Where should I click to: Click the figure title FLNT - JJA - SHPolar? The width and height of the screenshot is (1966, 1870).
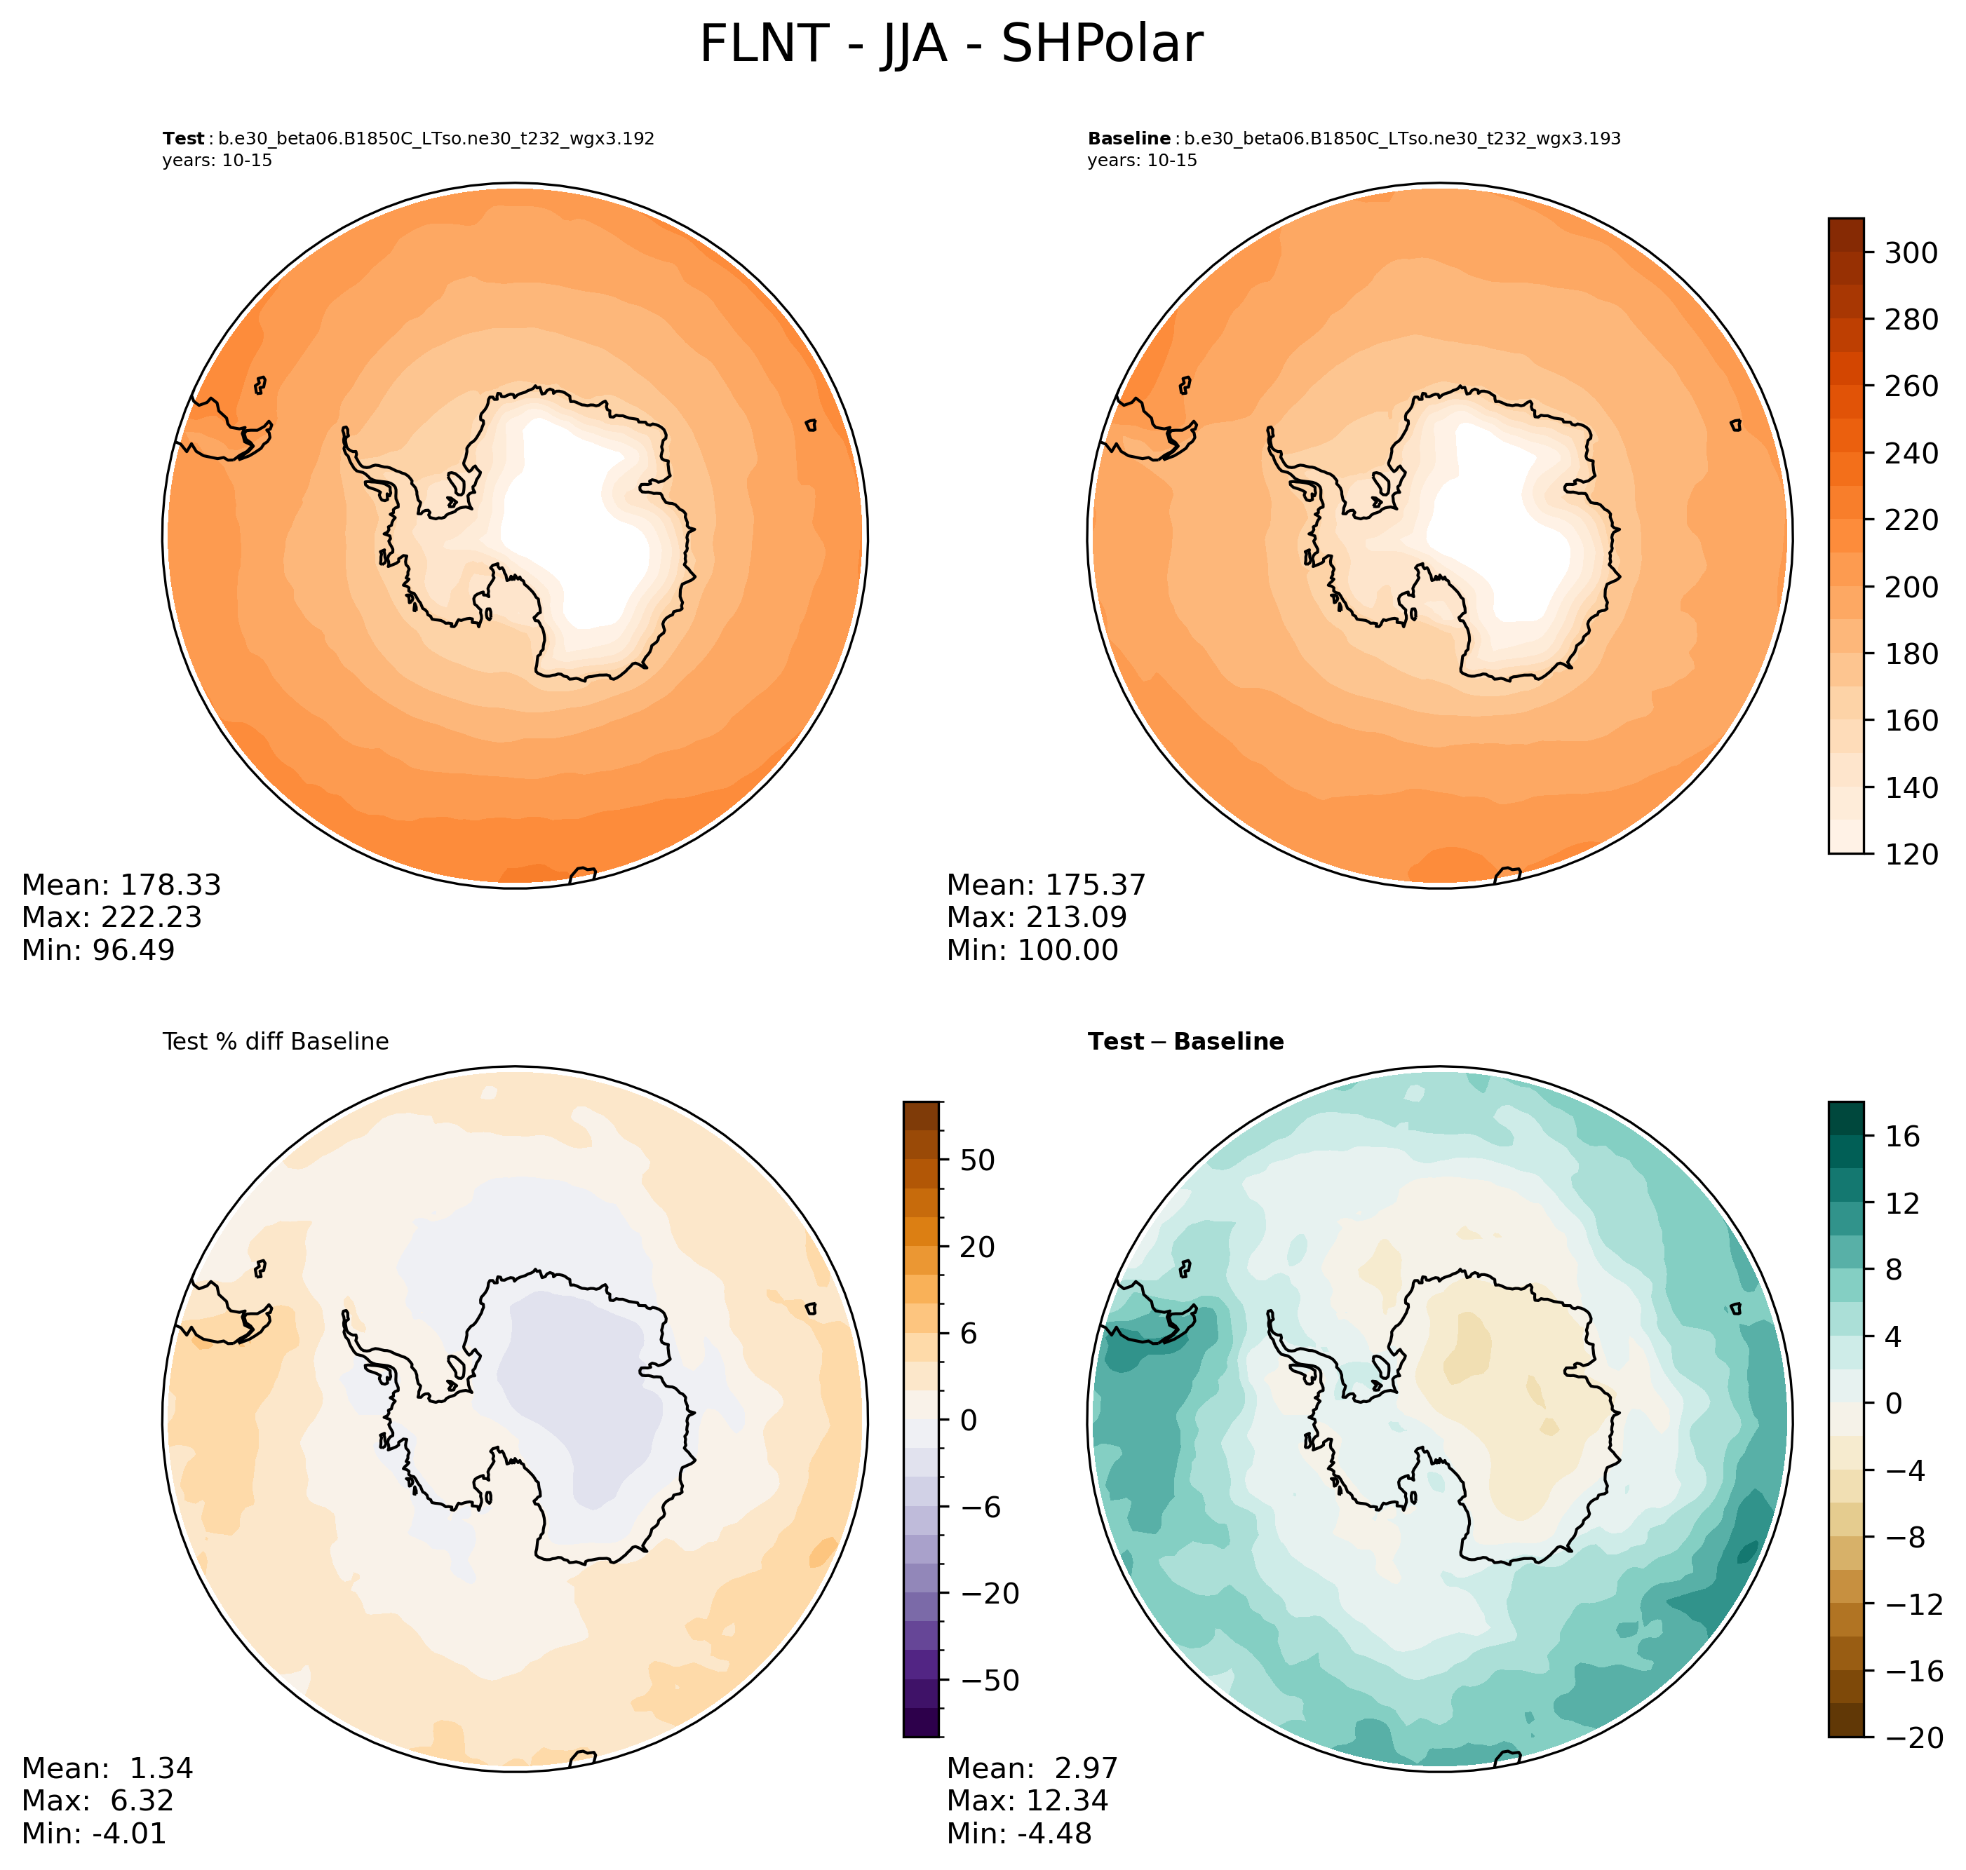pos(950,45)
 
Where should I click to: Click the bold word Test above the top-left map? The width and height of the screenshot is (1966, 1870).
pos(184,139)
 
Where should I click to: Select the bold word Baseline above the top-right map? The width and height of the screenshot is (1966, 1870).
pos(1129,139)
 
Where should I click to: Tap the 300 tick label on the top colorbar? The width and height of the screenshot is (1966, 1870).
pos(1910,253)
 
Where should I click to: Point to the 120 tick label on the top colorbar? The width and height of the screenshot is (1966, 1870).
pos(1910,854)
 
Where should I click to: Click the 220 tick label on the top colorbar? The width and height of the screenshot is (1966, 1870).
pos(1910,520)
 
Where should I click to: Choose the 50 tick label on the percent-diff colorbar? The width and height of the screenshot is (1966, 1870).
pos(972,1160)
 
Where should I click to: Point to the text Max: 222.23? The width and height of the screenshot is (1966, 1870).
pos(112,917)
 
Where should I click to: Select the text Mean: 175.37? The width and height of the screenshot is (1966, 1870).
pos(1046,885)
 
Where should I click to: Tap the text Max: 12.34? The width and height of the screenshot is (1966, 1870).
pos(1027,1800)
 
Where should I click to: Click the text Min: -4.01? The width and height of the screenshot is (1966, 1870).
pos(94,1833)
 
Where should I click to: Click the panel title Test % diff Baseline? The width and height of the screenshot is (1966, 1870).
pos(275,1042)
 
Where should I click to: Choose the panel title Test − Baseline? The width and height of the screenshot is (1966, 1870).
pos(1185,1042)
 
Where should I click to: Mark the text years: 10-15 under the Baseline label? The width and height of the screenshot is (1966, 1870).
pos(1142,161)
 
